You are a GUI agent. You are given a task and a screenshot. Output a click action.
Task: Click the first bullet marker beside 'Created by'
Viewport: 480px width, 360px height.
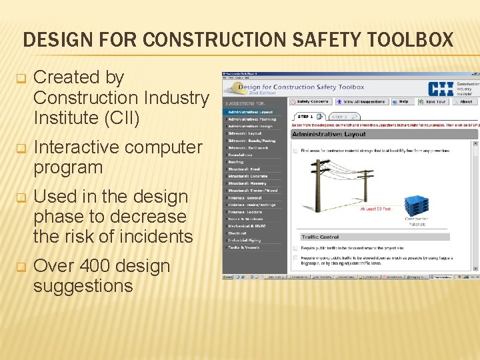tap(20, 78)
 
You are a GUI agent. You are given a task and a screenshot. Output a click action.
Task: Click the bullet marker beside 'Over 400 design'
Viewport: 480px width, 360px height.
tap(20, 267)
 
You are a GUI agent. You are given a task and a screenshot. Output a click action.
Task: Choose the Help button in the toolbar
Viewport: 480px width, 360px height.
tap(402, 102)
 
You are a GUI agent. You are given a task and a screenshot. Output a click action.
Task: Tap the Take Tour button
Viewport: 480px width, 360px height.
tap(434, 102)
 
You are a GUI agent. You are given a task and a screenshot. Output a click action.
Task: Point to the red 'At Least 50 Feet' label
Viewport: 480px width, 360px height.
tap(375, 209)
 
